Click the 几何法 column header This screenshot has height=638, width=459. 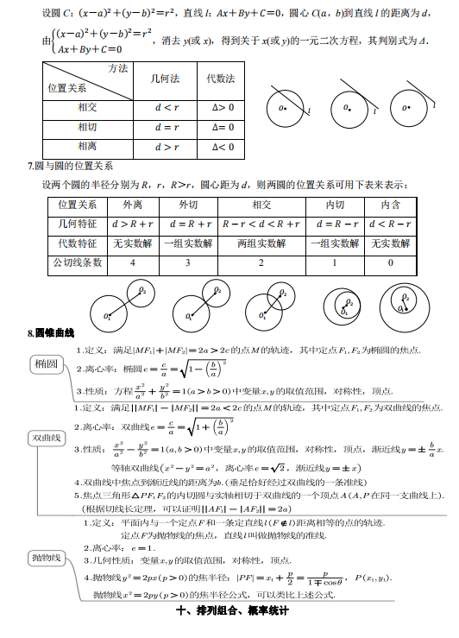coord(165,79)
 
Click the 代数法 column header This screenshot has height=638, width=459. coord(220,79)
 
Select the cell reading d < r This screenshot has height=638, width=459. coord(165,107)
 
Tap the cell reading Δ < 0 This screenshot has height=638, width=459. coord(220,147)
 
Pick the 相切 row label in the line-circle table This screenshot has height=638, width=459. coord(88,127)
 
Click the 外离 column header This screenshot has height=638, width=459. coord(132,205)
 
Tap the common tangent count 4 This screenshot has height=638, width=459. coord(132,262)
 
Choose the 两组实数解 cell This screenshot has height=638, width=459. coord(261,243)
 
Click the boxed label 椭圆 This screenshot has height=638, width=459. coord(47,365)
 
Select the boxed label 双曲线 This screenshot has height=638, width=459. coord(47,439)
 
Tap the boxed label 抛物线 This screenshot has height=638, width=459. coord(46,557)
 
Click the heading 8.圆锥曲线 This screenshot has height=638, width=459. coord(52,333)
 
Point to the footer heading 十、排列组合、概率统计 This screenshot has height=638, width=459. coord(230,610)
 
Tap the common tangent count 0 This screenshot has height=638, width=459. coord(390,262)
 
